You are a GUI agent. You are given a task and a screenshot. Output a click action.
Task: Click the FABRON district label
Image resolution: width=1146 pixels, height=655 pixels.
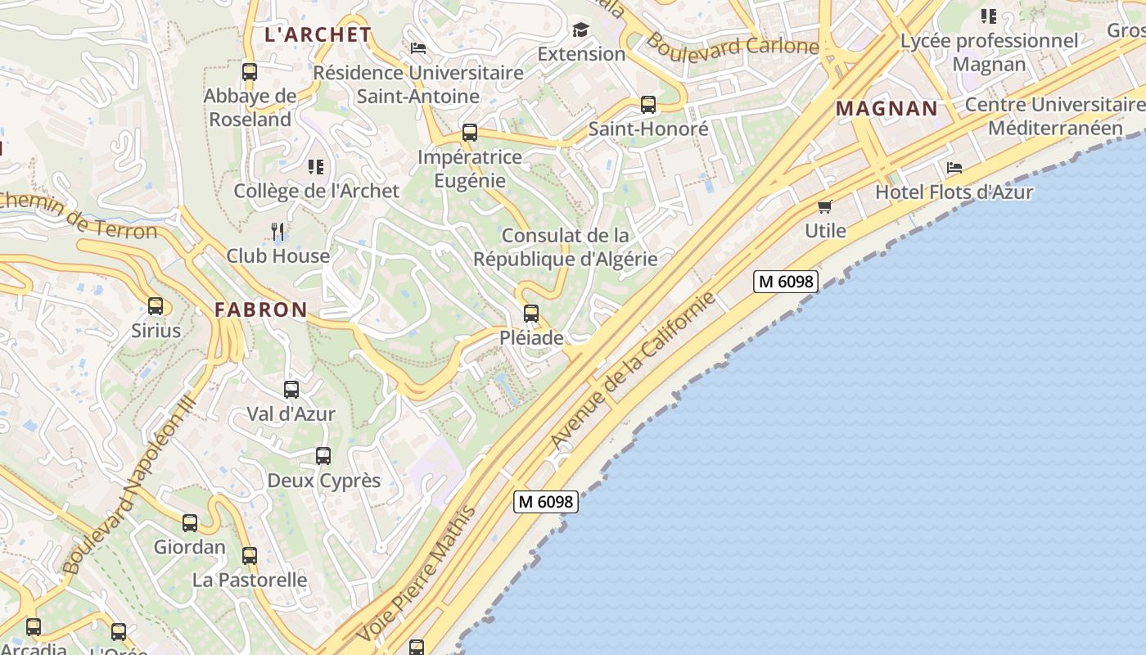[260, 309]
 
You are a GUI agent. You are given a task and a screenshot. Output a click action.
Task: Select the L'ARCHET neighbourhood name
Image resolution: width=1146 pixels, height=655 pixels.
[318, 34]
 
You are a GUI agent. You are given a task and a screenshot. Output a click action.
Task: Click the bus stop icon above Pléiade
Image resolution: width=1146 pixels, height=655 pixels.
[531, 313]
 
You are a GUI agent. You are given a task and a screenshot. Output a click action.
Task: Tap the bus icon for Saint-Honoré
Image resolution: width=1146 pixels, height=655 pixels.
[648, 105]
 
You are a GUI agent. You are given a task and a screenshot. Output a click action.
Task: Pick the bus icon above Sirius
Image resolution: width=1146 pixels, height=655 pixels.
[156, 306]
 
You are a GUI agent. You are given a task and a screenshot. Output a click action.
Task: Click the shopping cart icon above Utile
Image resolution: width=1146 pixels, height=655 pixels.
[824, 206]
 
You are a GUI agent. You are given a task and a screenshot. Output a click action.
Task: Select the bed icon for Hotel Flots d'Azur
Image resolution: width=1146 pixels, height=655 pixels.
[954, 168]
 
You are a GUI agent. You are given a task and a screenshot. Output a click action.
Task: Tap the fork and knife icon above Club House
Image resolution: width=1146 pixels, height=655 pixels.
[277, 231]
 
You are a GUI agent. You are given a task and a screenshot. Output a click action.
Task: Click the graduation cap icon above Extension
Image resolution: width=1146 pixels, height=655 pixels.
[580, 30]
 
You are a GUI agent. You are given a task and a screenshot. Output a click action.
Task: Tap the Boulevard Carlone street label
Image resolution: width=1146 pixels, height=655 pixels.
[732, 47]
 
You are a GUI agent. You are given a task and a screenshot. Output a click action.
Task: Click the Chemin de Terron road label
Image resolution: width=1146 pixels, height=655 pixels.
[78, 217]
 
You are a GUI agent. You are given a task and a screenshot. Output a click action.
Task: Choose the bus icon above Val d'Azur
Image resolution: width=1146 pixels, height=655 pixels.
[291, 390]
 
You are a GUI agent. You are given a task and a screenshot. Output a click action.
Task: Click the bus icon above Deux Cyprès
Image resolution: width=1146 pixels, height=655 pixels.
[323, 456]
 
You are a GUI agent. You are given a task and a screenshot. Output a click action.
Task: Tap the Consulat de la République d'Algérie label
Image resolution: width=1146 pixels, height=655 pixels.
[565, 247]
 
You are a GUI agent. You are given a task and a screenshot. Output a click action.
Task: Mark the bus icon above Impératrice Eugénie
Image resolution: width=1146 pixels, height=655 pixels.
[470, 133]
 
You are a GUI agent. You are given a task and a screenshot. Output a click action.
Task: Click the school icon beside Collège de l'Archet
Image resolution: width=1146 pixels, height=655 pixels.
[316, 167]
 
